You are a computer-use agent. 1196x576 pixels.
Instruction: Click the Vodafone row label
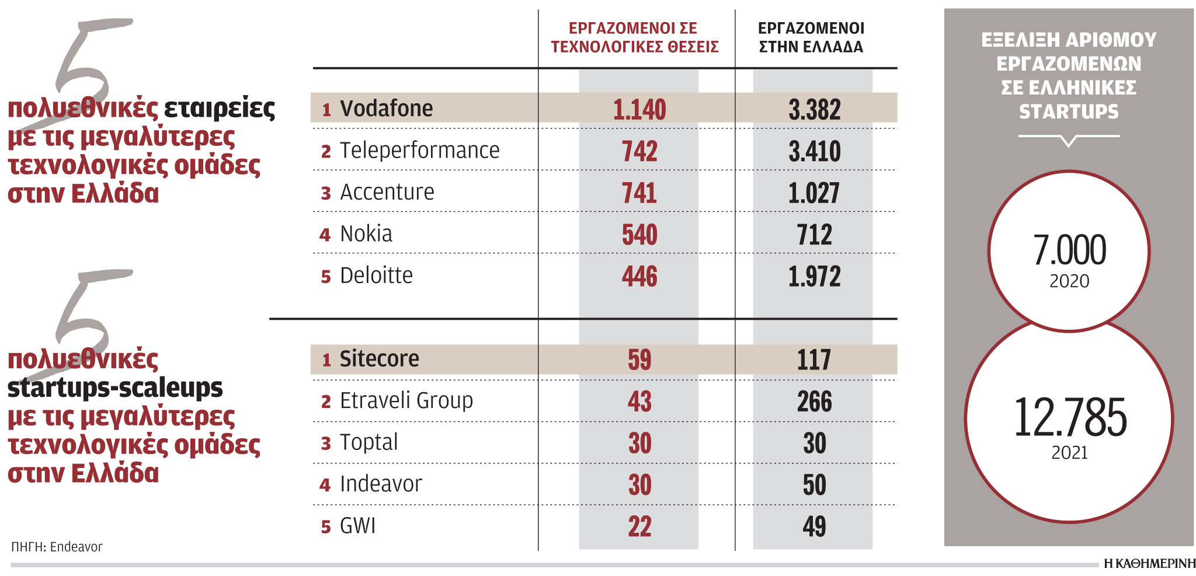[385, 109]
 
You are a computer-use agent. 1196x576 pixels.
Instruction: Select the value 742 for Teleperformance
[639, 151]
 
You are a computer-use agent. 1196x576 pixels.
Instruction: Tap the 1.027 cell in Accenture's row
[813, 193]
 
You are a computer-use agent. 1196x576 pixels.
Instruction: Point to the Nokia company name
[366, 234]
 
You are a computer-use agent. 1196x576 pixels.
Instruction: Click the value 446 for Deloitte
[639, 276]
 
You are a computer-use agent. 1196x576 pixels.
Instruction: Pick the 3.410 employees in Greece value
[814, 151]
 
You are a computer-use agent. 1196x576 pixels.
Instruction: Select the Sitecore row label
[379, 359]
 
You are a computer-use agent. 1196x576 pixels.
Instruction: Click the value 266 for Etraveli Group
[814, 402]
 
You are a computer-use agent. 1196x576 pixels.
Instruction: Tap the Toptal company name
[368, 442]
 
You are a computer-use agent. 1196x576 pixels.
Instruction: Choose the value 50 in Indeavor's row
[814, 485]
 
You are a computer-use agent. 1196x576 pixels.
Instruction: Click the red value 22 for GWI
[639, 526]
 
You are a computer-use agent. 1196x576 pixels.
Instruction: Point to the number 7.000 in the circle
[1069, 250]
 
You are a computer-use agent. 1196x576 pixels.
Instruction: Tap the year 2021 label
[1069, 453]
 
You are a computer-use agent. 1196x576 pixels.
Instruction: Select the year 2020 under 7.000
[1069, 281]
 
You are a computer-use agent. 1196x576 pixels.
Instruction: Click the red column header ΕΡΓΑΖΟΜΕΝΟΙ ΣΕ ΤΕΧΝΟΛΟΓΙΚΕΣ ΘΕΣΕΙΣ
[634, 37]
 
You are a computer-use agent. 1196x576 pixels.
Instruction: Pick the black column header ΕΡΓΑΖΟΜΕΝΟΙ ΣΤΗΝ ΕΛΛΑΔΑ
[811, 37]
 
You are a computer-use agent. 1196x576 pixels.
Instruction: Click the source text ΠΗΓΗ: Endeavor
[57, 547]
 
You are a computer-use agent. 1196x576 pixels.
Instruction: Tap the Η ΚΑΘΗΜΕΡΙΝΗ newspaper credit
[1149, 564]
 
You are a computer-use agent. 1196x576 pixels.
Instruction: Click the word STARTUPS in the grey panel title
[1069, 111]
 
